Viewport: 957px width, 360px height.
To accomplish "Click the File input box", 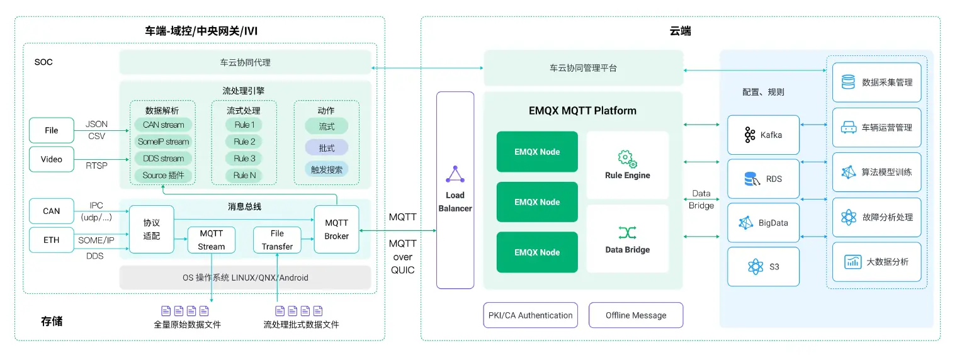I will (x=51, y=130).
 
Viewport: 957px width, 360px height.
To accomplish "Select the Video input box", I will (x=51, y=159).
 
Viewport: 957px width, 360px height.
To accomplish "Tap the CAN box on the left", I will (x=51, y=211).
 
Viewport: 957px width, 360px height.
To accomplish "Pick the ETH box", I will (x=51, y=240).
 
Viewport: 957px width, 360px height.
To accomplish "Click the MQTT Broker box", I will (x=336, y=230).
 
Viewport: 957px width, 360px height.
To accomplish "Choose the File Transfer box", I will (x=277, y=240).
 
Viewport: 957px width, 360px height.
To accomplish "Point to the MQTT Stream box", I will (x=211, y=240).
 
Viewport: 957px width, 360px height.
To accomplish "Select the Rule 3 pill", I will (x=244, y=159).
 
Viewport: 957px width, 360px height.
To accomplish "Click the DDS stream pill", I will (x=163, y=159).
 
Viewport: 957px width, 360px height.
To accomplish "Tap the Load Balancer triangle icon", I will (x=455, y=174).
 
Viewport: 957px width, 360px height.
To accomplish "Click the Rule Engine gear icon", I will (x=627, y=159).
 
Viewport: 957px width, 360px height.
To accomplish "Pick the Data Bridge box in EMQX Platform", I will (x=627, y=239).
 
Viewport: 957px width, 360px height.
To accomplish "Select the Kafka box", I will (x=763, y=135).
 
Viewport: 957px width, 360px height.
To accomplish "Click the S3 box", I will (x=763, y=267).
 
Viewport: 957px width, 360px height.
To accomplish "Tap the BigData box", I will (x=763, y=223).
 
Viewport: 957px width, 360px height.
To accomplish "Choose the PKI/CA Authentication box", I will (x=531, y=315).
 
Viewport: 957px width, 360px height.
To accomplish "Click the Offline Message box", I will (x=636, y=315).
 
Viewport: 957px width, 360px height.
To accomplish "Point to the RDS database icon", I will (x=751, y=179).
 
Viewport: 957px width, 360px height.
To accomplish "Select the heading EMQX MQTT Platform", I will (x=582, y=111).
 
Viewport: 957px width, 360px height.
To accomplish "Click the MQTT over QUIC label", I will (x=402, y=257).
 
